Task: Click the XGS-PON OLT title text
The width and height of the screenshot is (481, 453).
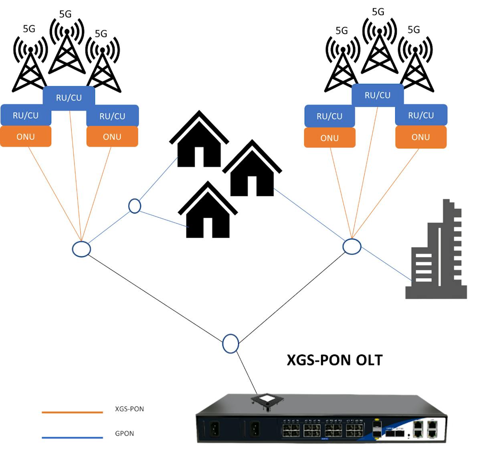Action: point(335,360)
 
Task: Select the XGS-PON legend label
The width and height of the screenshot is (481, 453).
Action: point(129,409)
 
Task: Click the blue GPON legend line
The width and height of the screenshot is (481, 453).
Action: point(72,437)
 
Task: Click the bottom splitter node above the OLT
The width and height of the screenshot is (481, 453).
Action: point(230,344)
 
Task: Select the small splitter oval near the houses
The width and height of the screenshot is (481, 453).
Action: point(135,206)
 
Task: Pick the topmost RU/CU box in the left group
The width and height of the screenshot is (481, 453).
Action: point(69,97)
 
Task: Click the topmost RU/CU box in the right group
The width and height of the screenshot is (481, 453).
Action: point(377,95)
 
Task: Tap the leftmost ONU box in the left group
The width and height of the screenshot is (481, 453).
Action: point(26,136)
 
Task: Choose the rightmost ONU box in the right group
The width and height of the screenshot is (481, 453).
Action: point(420,137)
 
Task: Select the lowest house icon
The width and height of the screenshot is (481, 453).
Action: point(208,212)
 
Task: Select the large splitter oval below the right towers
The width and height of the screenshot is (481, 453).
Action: point(352,246)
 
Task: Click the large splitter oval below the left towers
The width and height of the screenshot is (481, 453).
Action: point(81,249)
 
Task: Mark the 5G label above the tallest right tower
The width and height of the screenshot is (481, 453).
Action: point(378,12)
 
